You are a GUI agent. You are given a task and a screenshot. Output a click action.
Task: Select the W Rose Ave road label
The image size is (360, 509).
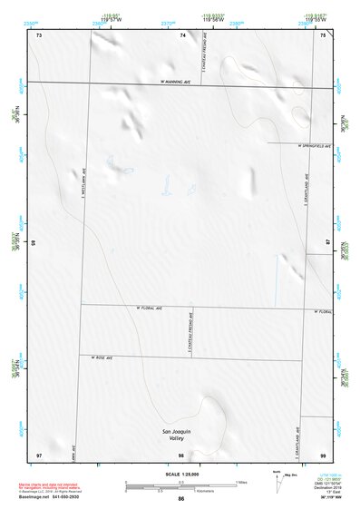[102, 358]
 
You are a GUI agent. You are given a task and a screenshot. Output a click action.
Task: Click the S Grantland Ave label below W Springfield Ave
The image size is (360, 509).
[306, 191]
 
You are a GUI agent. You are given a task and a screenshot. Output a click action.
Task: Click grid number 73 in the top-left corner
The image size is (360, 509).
[39, 35]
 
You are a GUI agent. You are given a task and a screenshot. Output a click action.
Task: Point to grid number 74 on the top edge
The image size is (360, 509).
[183, 35]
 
